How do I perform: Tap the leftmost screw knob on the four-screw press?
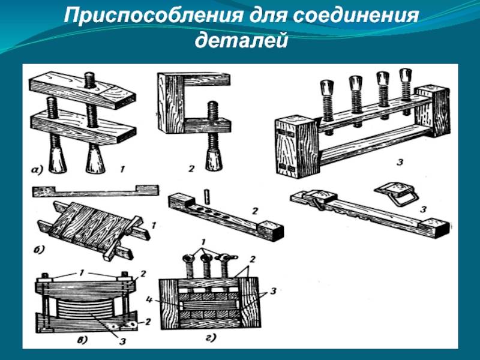tap(328, 86)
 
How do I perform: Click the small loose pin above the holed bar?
tap(206, 196)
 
